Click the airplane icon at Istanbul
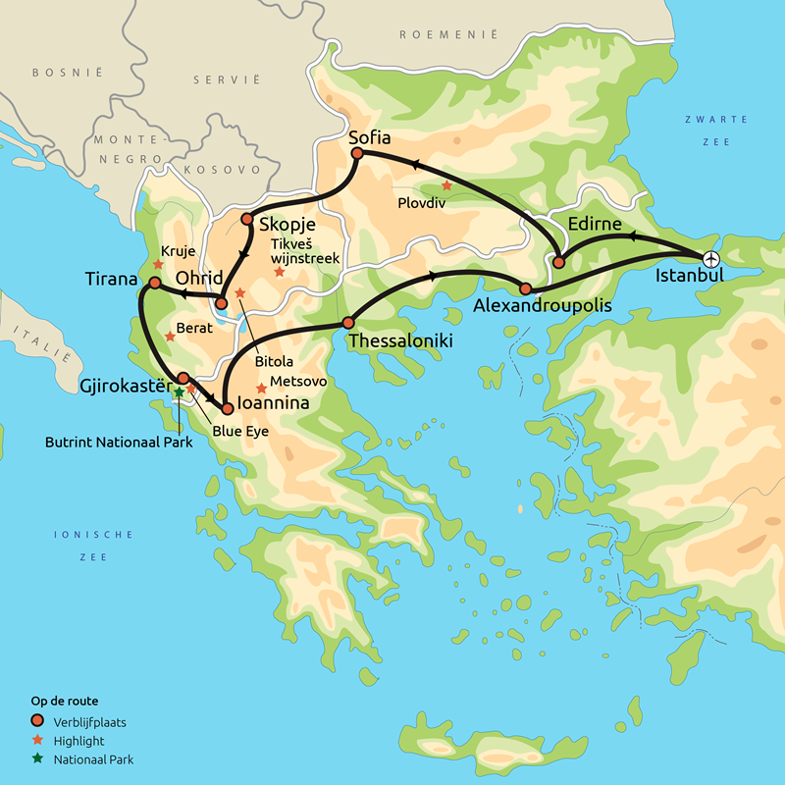(x=711, y=258)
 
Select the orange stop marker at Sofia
(x=357, y=154)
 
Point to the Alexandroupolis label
(x=542, y=306)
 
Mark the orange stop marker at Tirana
(x=154, y=283)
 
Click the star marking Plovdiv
(x=446, y=185)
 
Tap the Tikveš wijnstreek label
(x=304, y=251)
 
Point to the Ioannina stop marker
(x=227, y=406)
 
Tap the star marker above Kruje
(x=158, y=264)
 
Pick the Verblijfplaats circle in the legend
(x=37, y=723)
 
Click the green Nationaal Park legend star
(x=37, y=759)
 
